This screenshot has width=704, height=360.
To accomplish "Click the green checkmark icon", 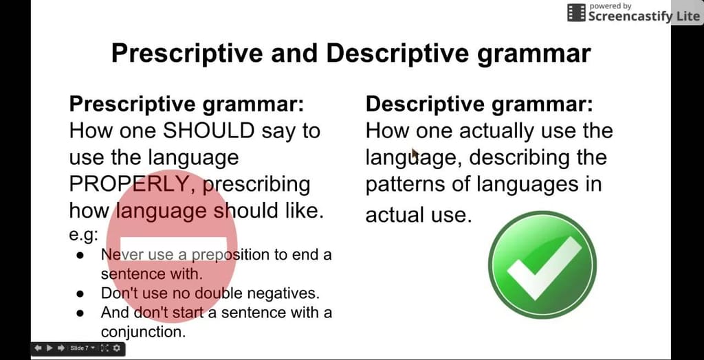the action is pos(542,265).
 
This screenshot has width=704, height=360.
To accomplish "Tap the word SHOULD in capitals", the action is pos(209,131).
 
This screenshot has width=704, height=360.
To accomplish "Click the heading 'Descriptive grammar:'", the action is pos(479,104).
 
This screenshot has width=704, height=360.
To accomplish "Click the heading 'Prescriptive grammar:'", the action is pos(186,104).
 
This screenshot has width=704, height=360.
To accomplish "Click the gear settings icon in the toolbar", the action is pos(117,348).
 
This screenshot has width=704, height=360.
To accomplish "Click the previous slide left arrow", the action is pos(38,348).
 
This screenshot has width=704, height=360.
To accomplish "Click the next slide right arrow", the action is pos(60,348).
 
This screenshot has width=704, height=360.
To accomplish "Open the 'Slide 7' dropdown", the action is pos(82,348).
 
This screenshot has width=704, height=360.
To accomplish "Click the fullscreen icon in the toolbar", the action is pos(104,348).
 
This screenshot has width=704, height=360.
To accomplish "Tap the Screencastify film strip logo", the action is pos(576,12).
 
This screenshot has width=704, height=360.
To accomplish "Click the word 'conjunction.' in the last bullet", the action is pos(143,332).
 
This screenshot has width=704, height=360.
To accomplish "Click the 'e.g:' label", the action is pos(83,235).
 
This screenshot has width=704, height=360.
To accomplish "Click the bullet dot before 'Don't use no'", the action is pos(80,293).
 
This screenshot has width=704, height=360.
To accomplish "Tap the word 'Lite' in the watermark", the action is pos(687,16).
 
